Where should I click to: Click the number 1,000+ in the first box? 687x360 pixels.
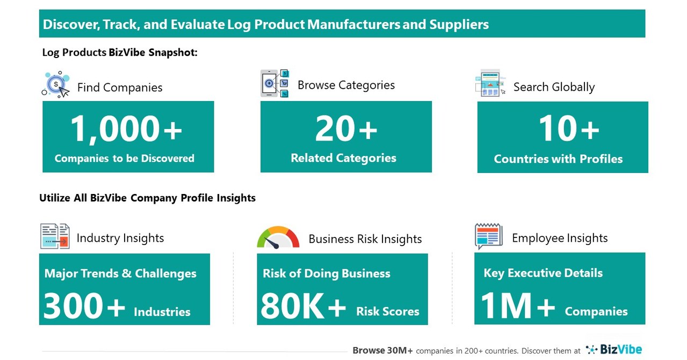(x=127, y=130)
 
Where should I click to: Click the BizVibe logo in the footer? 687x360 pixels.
(x=614, y=350)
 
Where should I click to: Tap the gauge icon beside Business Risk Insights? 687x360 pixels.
(x=278, y=237)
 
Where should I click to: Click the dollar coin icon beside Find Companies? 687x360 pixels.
(x=56, y=85)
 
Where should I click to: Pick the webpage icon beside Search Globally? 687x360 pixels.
(x=490, y=83)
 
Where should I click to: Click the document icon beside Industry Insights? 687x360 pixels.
(x=55, y=236)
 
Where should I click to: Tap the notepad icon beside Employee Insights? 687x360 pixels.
(x=488, y=236)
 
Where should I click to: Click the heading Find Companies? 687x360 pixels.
(x=120, y=88)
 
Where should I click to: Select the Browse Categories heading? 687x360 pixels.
(x=346, y=85)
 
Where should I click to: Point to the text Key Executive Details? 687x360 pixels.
(x=543, y=273)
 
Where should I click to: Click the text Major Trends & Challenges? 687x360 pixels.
(x=120, y=273)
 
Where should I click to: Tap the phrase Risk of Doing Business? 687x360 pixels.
(x=327, y=273)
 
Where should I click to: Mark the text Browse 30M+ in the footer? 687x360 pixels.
(x=382, y=350)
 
